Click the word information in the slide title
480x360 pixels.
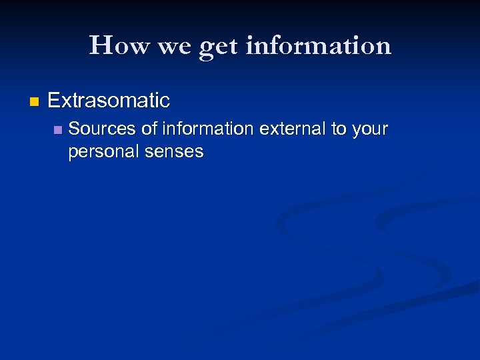tap(318, 45)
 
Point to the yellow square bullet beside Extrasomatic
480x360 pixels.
tap(35, 102)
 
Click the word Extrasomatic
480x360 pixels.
tap(109, 101)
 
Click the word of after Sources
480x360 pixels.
tap(148, 129)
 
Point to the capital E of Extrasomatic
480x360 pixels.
tap(53, 101)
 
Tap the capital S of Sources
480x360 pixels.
tap(73, 129)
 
